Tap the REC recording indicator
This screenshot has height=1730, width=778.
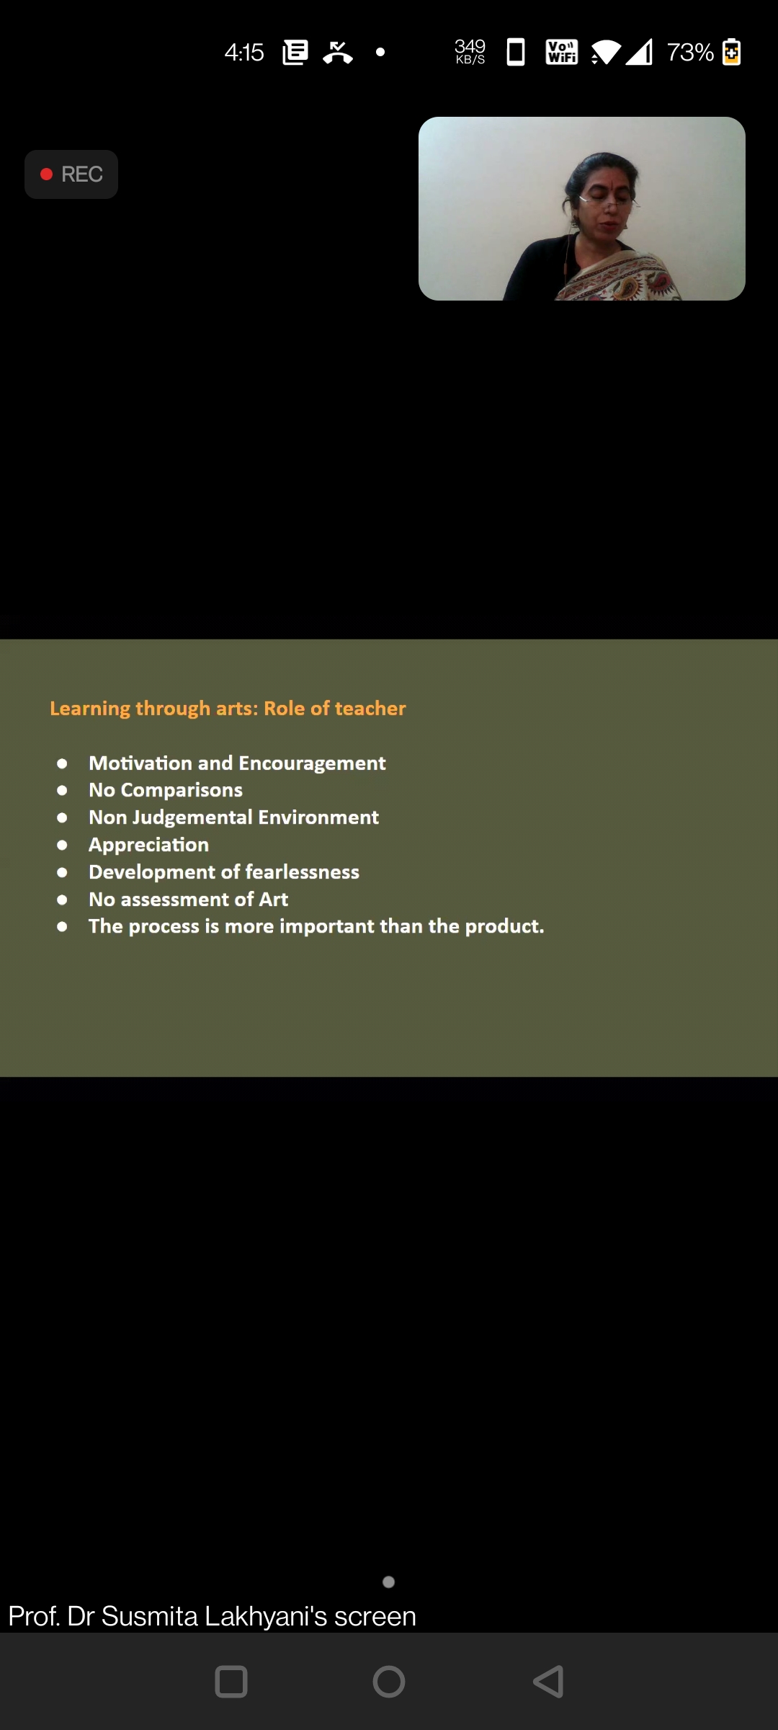click(x=71, y=174)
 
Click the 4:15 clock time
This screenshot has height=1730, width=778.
click(x=244, y=53)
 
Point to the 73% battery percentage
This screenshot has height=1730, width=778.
click(x=690, y=53)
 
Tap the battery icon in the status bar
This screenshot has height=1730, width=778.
click(x=731, y=52)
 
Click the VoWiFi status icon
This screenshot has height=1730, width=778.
click(x=562, y=52)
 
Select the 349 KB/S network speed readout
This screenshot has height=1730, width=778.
click(x=470, y=52)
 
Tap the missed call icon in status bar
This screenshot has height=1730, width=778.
click(x=338, y=53)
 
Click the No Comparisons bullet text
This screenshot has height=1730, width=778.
click(x=166, y=790)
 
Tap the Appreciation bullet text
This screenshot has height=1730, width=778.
click(x=148, y=845)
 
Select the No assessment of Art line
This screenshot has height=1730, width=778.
click(x=188, y=900)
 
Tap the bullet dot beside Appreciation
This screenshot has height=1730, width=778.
click(x=62, y=845)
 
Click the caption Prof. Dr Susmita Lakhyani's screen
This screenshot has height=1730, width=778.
click(x=213, y=1617)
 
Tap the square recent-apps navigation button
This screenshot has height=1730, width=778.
click(x=231, y=1682)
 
